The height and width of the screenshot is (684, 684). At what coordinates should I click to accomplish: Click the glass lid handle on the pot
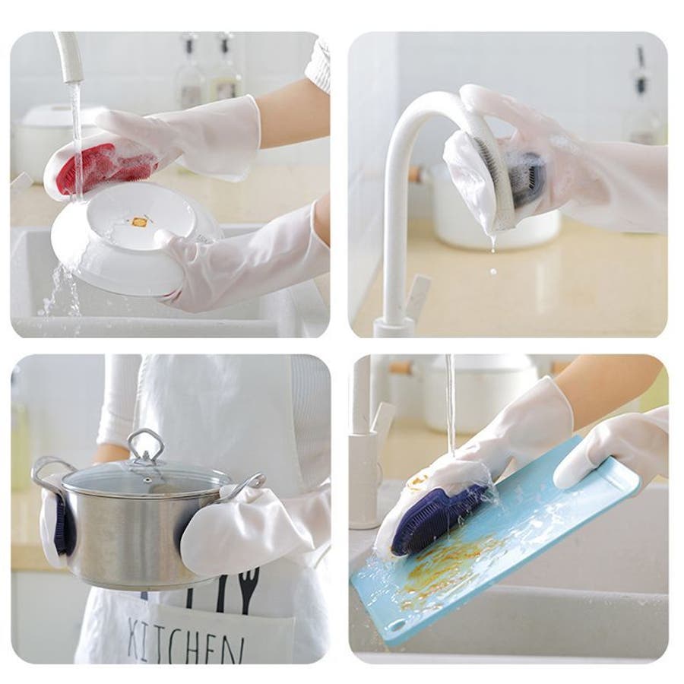(146, 447)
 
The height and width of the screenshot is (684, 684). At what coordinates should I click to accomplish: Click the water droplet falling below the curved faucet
(493, 271)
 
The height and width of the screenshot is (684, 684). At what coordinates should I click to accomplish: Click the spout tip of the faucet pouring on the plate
(72, 78)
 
